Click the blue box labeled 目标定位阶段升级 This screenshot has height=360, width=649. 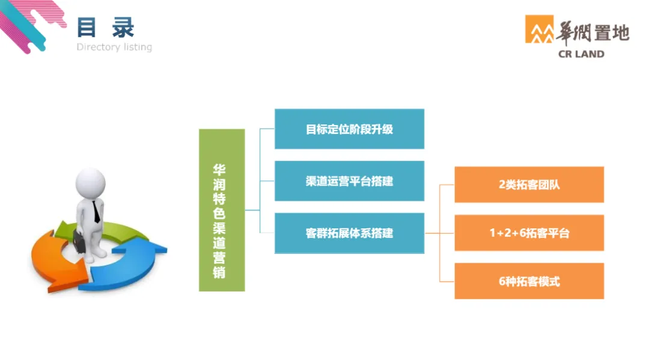coord(349,129)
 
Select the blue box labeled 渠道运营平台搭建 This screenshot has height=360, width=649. coord(349,181)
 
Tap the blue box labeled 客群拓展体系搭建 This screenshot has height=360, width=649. coord(349,233)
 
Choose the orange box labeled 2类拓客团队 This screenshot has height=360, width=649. coord(529,185)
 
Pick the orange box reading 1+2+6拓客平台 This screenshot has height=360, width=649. coord(529,233)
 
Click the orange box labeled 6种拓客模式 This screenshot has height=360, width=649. coord(529,281)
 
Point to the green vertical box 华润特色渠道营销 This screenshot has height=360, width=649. coord(222,210)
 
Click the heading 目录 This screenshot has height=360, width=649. coord(106,28)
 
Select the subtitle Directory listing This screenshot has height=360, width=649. coord(114,47)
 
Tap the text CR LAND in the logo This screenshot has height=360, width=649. coord(582,54)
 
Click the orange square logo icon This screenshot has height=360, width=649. coord(539,29)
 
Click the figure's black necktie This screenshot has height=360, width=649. coord(96,210)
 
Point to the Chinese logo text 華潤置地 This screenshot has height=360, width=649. coord(593,31)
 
